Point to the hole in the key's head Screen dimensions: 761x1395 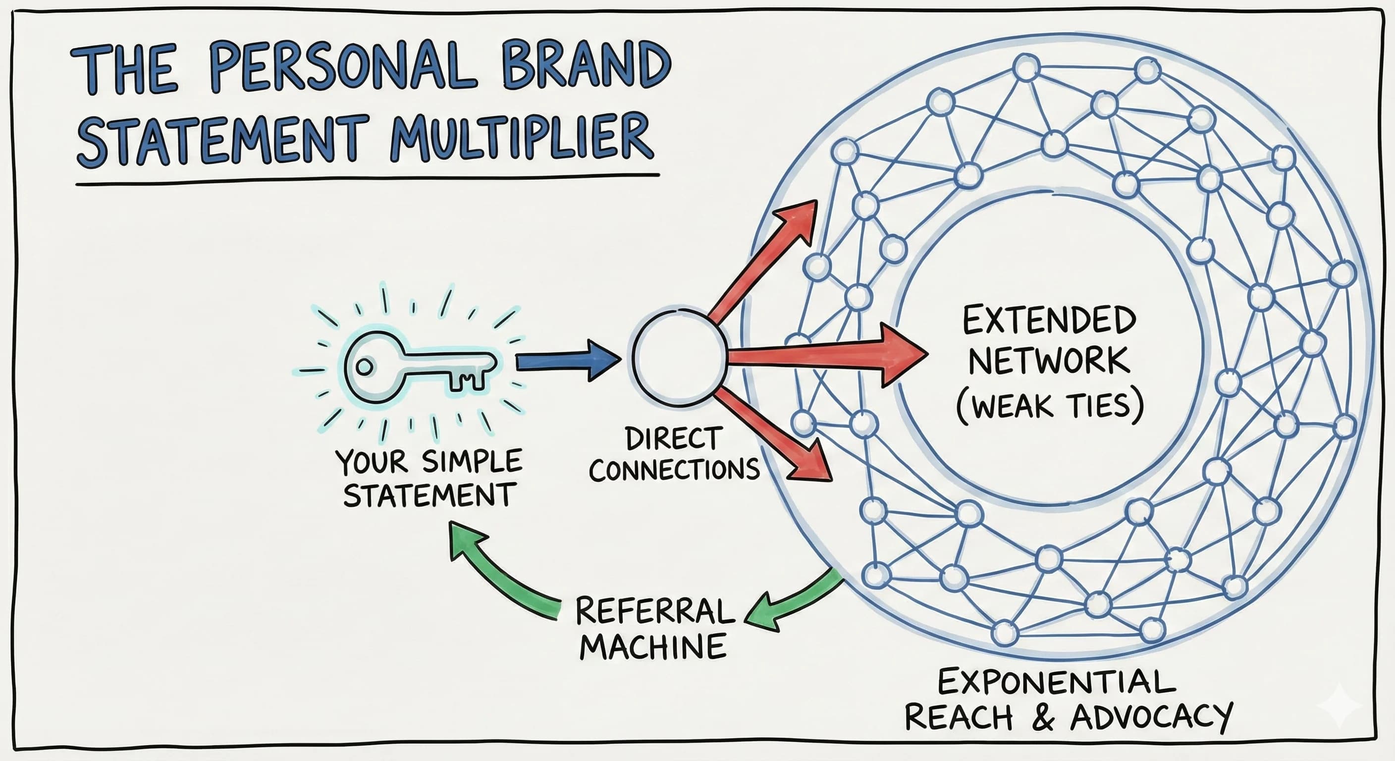click(x=365, y=367)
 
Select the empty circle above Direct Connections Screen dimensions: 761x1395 click(x=679, y=359)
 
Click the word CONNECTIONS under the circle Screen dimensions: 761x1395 click(x=674, y=470)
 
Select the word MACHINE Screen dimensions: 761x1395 click(x=653, y=646)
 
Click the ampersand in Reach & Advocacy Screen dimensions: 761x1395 click(x=1042, y=717)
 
